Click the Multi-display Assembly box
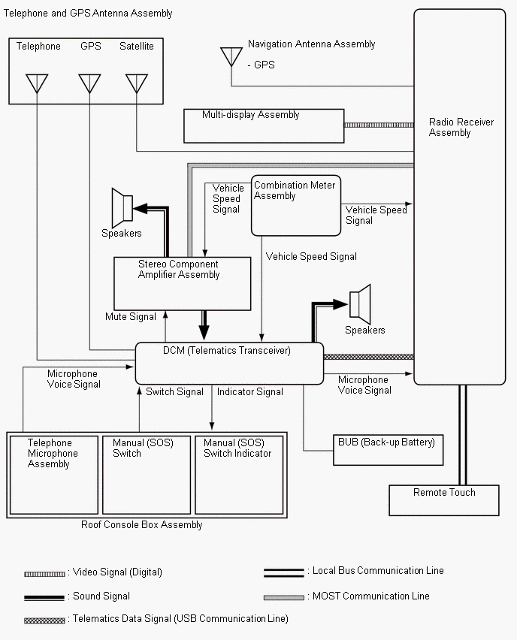click(x=264, y=125)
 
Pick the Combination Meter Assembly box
click(x=295, y=205)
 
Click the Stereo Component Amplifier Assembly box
click(x=182, y=283)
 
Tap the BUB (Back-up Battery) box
click(x=388, y=449)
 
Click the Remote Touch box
click(x=444, y=500)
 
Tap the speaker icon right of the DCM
click(x=360, y=302)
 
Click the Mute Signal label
click(x=131, y=317)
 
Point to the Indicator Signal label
click(x=250, y=391)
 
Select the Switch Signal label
click(x=175, y=391)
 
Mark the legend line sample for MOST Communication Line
click(x=283, y=596)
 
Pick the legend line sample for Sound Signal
click(x=45, y=597)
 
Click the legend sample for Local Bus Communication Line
click(x=283, y=572)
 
